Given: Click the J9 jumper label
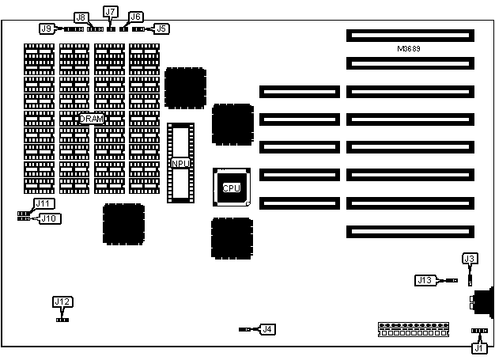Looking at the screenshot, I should (x=46, y=28).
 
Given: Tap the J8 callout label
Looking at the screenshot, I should (x=80, y=17).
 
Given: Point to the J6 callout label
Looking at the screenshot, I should (x=135, y=17).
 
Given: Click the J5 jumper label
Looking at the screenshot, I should (x=161, y=28).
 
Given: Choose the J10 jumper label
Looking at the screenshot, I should (x=49, y=218).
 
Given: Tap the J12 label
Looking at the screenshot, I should (x=62, y=301).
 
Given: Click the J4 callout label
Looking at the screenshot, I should (x=269, y=328).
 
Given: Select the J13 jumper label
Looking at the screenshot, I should (x=425, y=279).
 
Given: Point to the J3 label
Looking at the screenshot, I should (x=469, y=259).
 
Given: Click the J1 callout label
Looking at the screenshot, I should (x=479, y=346).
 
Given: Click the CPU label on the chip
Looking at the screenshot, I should (x=231, y=188).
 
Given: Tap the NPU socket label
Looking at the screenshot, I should (x=180, y=164).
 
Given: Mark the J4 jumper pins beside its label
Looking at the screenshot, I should (x=245, y=328).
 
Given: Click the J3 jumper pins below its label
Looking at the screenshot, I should (x=469, y=276).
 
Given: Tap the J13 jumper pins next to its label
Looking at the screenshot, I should (x=450, y=279).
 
